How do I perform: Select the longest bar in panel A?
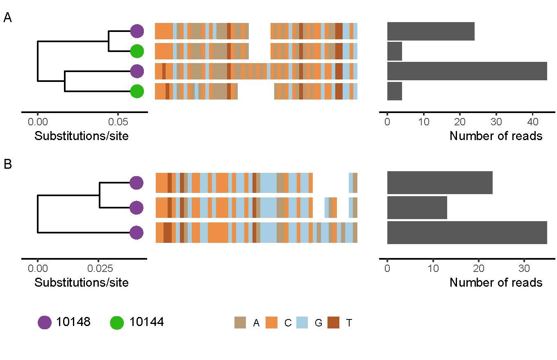click(x=467, y=71)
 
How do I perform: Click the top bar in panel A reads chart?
click(x=431, y=32)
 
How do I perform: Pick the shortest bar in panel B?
click(x=417, y=208)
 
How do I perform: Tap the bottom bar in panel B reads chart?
click(x=467, y=233)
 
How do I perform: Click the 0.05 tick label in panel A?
click(x=118, y=122)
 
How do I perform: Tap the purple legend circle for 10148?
click(x=45, y=323)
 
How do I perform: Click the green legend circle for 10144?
click(x=117, y=323)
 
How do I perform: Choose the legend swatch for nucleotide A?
click(x=240, y=323)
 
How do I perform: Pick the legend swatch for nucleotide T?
click(x=333, y=323)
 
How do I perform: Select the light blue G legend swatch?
click(x=302, y=323)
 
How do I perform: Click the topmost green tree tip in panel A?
click(x=137, y=52)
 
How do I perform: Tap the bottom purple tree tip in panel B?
click(x=136, y=233)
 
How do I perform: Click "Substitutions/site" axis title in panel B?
click(x=82, y=283)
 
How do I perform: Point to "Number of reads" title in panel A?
click(x=496, y=136)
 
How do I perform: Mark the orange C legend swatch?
click(x=271, y=323)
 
